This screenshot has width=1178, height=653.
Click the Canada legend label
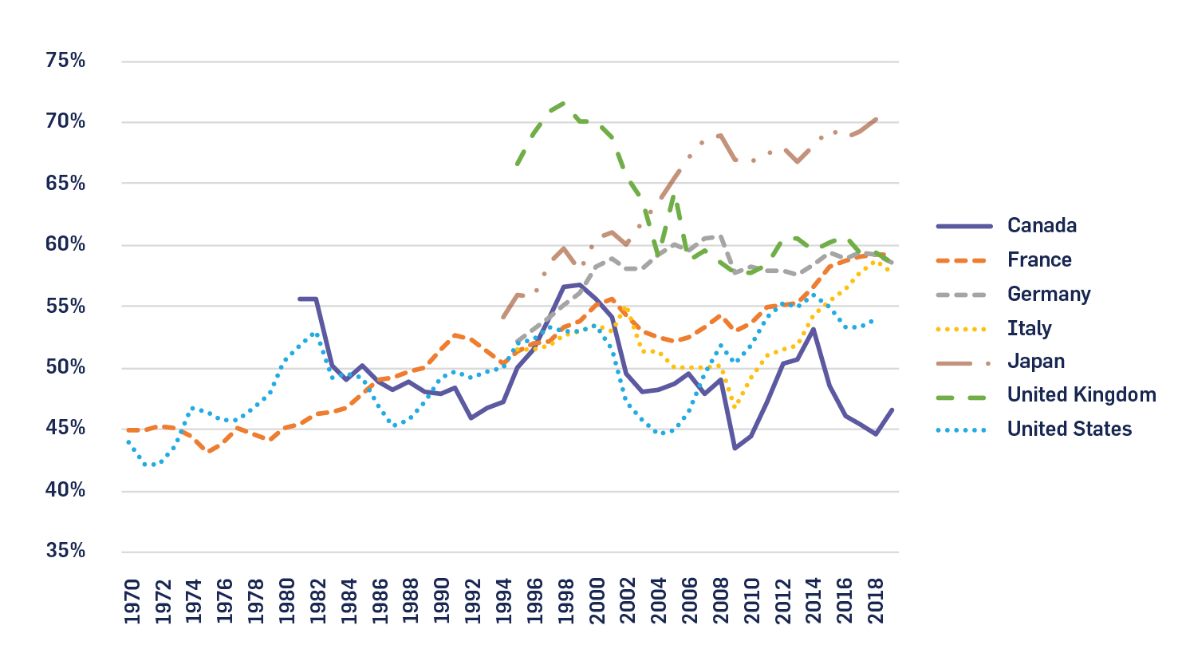pos(1042,226)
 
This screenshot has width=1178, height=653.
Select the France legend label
pos(1039,260)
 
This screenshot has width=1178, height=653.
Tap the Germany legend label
pos(1049,295)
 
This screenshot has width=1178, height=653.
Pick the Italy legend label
pos(1030,328)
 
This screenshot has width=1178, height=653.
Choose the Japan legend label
pos(1036,362)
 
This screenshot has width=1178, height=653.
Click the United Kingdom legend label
pos(1081,395)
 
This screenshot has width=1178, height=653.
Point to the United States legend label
pos(1070,429)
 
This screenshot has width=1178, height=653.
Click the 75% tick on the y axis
pos(65,61)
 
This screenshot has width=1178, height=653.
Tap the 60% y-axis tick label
pos(65,244)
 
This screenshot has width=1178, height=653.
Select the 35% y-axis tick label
pos(65,551)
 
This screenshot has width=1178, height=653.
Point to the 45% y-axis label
pos(65,428)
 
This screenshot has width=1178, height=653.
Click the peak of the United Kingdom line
pos(564,103)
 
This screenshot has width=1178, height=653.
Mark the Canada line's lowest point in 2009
pos(735,448)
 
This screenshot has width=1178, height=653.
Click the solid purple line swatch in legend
pos(963,227)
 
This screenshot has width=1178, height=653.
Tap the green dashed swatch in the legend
pos(963,396)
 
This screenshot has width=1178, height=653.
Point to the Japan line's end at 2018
pos(877,120)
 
